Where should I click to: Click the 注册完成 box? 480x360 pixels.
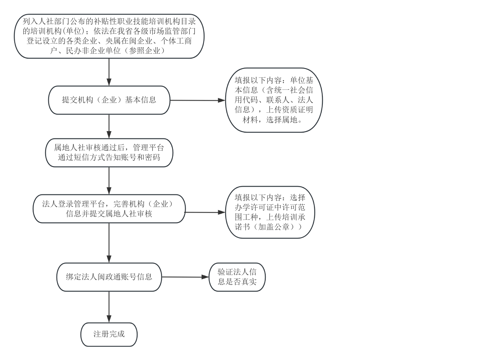[109, 334]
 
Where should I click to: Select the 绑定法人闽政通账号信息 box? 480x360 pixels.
[109, 277]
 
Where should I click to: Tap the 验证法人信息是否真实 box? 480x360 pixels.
[237, 277]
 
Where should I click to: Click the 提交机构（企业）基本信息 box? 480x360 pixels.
[109, 100]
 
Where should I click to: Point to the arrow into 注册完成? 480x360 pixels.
[109, 307]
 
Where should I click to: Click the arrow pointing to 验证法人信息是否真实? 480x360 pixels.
[185, 277]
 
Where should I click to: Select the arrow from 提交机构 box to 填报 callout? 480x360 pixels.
[198, 100]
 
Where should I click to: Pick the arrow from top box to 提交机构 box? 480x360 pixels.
[109, 72]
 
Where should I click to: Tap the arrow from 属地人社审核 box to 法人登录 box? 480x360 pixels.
[109, 180]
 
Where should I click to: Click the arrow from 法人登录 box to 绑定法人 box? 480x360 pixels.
[109, 243]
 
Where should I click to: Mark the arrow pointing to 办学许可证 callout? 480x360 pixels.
[205, 212]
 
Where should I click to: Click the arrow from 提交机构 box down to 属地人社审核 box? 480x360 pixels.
[109, 126]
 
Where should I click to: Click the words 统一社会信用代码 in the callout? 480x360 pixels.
[274, 95]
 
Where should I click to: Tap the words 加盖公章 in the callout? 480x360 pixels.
[274, 227]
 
